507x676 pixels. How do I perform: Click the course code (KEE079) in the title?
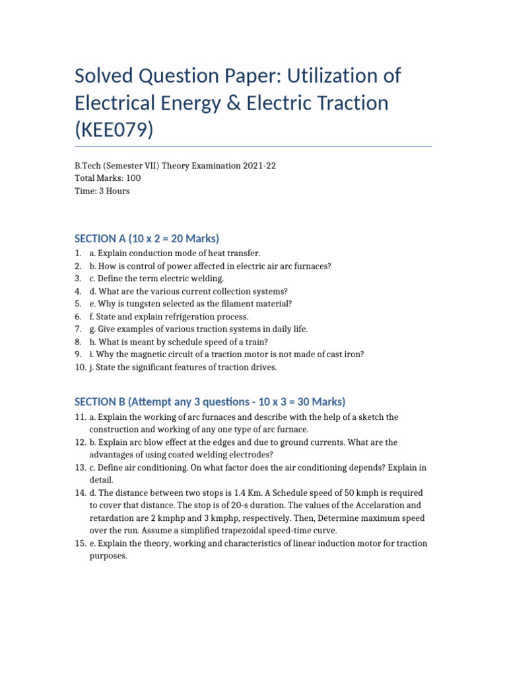[114, 129]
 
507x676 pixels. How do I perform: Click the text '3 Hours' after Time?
[114, 191]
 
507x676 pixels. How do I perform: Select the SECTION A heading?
[147, 238]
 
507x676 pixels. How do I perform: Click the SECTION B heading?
[210, 401]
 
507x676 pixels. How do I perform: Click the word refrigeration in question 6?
[174, 316]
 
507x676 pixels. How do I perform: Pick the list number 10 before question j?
[80, 367]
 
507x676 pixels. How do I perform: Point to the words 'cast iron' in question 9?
[347, 354]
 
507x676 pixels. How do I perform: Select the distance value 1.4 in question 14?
[244, 493]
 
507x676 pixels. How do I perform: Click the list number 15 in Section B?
[80, 543]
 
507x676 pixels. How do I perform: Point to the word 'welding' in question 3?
[207, 279]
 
